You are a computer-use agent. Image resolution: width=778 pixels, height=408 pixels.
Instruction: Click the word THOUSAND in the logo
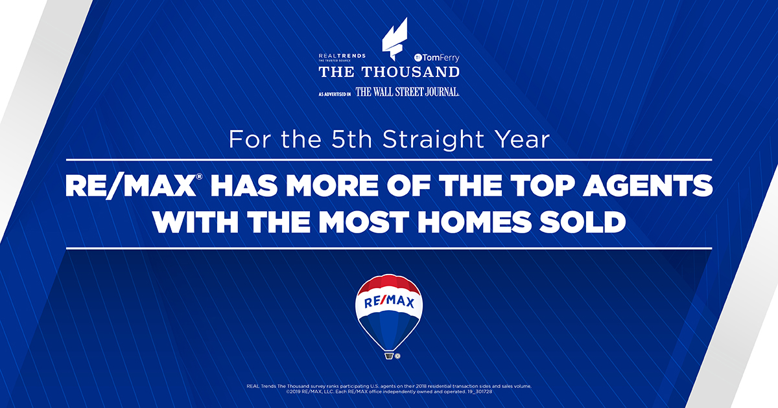(413, 72)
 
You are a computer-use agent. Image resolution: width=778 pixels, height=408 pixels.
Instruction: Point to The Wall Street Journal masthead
(407, 92)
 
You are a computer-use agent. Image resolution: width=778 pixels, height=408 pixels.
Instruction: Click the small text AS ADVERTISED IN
(335, 94)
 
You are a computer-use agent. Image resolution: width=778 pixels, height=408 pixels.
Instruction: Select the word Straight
(422, 140)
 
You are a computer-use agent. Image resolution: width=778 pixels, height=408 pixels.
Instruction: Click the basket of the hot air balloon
(389, 355)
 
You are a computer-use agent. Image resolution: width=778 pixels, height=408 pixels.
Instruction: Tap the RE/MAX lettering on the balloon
(389, 302)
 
